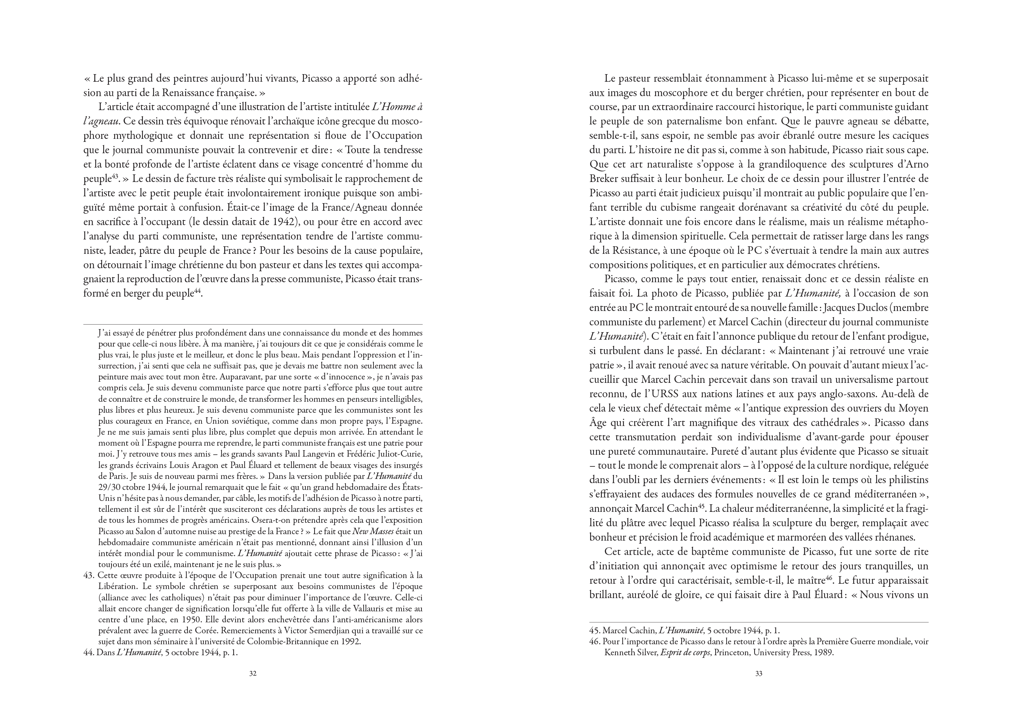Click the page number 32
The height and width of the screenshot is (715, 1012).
253,673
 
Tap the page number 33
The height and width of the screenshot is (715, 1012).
759,673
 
